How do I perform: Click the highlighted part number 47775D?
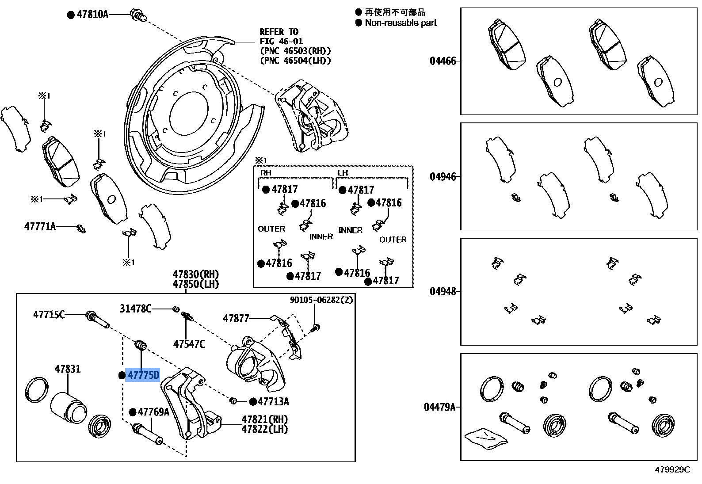click(143, 375)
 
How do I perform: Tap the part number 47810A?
click(92, 14)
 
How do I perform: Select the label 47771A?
click(40, 227)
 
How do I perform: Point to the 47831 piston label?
click(68, 369)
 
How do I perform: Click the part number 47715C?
click(49, 315)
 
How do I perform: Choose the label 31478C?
click(135, 308)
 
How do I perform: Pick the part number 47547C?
click(189, 344)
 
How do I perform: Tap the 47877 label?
click(236, 318)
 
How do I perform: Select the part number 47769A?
click(153, 412)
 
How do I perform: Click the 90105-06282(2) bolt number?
click(321, 300)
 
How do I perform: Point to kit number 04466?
click(443, 61)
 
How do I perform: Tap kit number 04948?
click(443, 292)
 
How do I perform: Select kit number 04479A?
click(439, 407)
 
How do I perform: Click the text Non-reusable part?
click(401, 23)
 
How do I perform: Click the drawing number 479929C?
click(672, 469)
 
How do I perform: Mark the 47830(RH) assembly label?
click(196, 274)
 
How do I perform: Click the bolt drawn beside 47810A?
click(138, 15)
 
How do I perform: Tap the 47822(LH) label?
click(264, 429)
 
